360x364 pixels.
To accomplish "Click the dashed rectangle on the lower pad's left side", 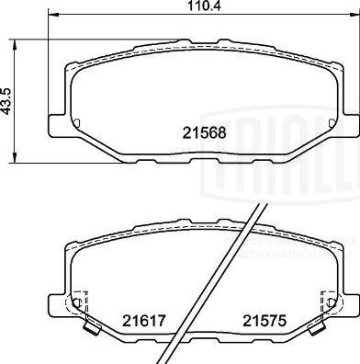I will (x=79, y=302).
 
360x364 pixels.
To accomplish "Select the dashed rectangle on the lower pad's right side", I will (x=325, y=302).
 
